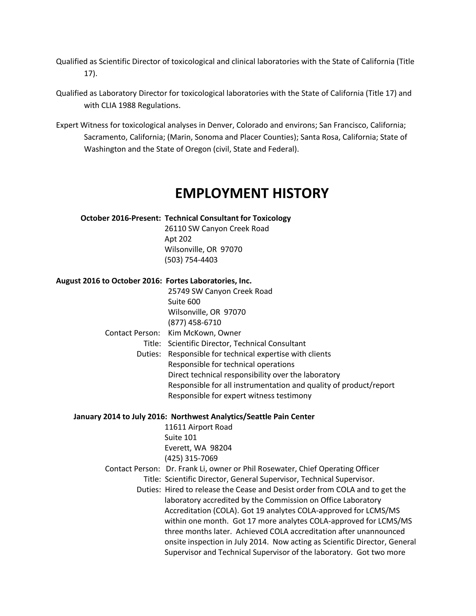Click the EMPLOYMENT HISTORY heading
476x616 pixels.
251,193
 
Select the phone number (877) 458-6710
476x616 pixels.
194,322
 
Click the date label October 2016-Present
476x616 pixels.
120,218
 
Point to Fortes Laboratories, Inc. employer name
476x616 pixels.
208,281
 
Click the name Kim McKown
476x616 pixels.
192,333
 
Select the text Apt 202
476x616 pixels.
178,239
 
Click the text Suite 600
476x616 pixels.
184,301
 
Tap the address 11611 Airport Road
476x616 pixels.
198,427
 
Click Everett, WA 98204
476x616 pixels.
198,448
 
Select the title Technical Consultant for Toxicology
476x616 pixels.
228,218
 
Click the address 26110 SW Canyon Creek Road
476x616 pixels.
217,229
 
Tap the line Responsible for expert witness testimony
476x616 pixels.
239,396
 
